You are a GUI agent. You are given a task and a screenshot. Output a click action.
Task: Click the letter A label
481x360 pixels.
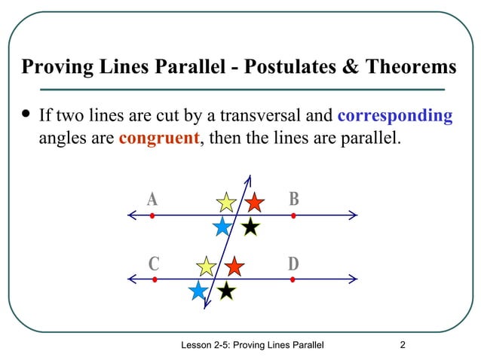tap(152, 200)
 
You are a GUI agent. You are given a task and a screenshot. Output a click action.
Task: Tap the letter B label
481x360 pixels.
tap(294, 200)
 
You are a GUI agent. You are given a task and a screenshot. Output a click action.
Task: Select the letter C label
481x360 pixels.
tap(154, 264)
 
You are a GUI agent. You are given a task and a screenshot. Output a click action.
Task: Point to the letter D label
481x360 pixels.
tap(293, 264)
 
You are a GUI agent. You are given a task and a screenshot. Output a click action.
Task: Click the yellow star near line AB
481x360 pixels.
tap(226, 202)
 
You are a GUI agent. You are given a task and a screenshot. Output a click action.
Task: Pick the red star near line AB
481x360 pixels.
tap(254, 202)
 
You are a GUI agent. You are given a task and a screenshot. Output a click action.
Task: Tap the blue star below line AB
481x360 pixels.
tap(222, 227)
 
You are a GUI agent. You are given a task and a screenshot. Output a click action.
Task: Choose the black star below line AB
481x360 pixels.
tap(250, 227)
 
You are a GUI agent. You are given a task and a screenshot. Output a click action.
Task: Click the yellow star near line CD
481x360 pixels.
tap(206, 266)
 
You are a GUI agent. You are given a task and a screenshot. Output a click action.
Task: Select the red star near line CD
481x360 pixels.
tap(234, 266)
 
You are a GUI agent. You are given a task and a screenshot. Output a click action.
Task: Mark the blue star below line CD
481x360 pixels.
tap(198, 291)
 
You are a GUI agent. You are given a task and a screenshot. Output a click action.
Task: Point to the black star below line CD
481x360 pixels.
tap(226, 291)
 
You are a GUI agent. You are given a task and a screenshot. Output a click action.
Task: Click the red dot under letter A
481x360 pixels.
tap(152, 216)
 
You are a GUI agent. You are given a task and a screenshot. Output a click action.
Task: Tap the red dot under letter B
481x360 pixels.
tap(293, 216)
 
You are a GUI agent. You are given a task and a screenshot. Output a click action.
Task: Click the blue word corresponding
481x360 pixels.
tap(395, 116)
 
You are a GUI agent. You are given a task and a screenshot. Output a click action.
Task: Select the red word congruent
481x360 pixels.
tap(158, 139)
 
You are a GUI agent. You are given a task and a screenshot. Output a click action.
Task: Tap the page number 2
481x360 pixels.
tap(403, 345)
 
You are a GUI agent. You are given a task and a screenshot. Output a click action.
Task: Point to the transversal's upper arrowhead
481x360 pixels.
tap(250, 178)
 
